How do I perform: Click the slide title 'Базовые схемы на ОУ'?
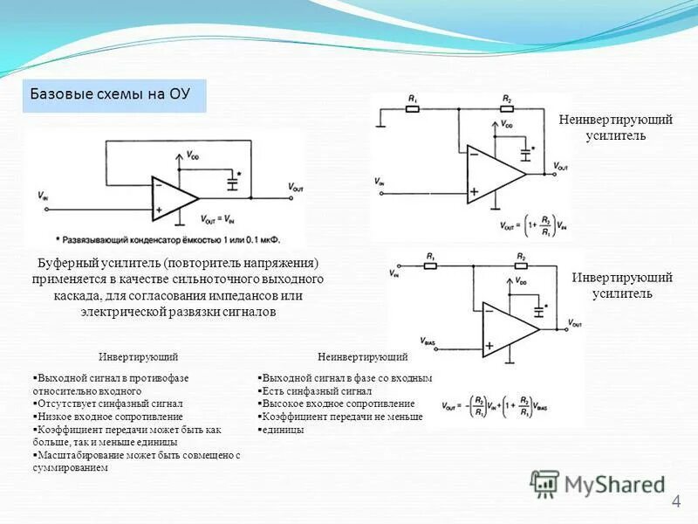[114, 94]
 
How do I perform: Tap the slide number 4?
[675, 501]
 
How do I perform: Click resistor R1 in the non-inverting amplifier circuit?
[413, 110]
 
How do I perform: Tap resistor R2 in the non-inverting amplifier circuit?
[507, 110]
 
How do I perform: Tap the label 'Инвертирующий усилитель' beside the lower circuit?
[621, 285]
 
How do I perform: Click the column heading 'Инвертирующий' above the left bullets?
[139, 357]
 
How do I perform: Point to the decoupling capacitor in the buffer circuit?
[231, 183]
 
